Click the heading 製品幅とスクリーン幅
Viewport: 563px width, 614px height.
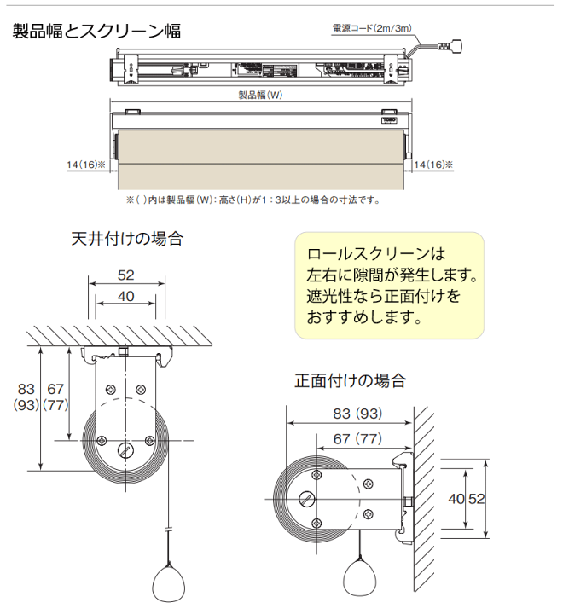coord(96,32)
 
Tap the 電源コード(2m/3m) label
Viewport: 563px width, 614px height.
coord(372,28)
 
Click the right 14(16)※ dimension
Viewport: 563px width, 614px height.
coord(432,164)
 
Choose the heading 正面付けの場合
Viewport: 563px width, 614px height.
coord(350,379)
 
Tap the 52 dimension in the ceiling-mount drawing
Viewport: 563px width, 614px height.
coord(126,275)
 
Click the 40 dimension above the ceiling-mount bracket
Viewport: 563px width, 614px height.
coord(126,296)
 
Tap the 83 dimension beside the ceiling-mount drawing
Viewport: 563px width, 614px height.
coord(26,389)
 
